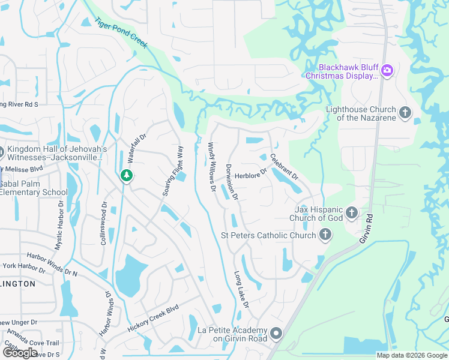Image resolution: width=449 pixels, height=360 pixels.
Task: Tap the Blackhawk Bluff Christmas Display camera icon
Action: tap(387, 71)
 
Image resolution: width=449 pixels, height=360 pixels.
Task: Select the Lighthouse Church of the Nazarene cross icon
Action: tap(405, 112)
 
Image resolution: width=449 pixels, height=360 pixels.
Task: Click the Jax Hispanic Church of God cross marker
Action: tap(352, 213)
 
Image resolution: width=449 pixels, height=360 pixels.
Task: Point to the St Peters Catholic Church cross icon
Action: tap(325, 235)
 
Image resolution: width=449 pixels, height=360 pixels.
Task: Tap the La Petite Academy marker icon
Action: tap(276, 333)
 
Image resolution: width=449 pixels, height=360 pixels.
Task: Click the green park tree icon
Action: tap(126, 175)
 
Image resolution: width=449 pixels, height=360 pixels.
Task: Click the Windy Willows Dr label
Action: tap(212, 167)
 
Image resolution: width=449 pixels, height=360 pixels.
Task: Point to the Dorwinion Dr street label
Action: tap(232, 182)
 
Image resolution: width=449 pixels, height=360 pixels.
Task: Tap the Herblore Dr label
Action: tap(250, 175)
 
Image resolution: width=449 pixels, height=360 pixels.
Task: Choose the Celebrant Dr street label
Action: tap(284, 167)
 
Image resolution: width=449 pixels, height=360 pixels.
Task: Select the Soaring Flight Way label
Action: tap(172, 170)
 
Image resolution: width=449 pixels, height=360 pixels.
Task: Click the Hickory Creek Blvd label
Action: tap(154, 319)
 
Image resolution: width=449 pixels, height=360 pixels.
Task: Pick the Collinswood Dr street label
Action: tap(103, 223)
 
